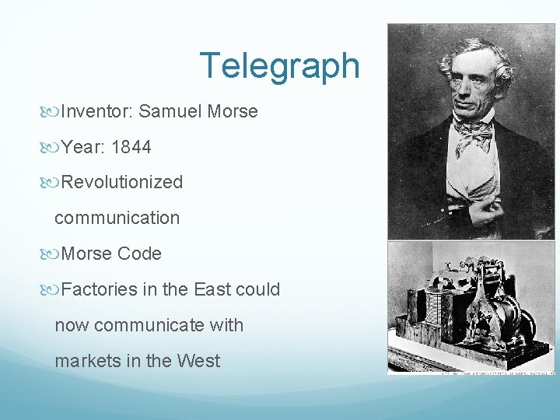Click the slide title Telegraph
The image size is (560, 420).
pyautogui.click(x=279, y=66)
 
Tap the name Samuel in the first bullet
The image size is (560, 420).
pyautogui.click(x=171, y=111)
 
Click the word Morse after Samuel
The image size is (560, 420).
pyautogui.click(x=233, y=111)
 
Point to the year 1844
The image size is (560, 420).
pyautogui.click(x=131, y=147)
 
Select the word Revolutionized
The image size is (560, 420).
pyautogui.click(x=122, y=183)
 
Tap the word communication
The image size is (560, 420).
pyautogui.click(x=117, y=219)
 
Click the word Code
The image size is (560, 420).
pyautogui.click(x=140, y=254)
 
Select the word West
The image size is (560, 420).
pyautogui.click(x=198, y=362)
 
